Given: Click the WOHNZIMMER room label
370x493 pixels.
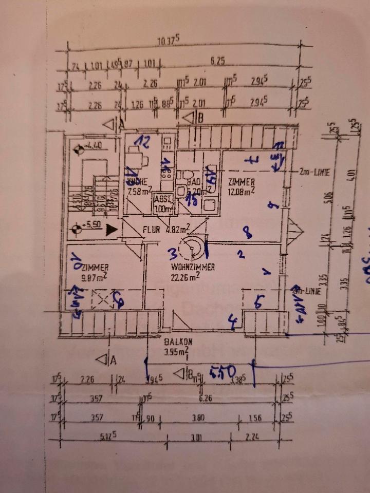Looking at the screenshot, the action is (193, 267).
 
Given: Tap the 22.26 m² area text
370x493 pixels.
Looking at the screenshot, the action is (185, 278).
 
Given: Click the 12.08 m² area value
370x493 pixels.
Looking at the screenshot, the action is (242, 192).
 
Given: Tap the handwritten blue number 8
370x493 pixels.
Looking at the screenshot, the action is (248, 234).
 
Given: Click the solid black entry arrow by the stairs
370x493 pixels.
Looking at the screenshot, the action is (108, 231).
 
